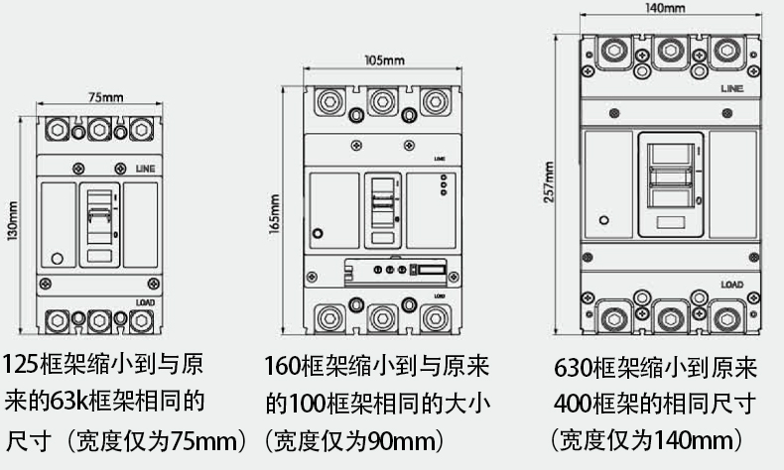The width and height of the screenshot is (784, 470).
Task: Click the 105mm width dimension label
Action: tap(385, 60)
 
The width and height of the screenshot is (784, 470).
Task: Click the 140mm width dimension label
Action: tap(666, 8)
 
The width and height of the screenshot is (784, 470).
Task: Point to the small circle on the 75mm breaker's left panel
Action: tap(57, 260)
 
